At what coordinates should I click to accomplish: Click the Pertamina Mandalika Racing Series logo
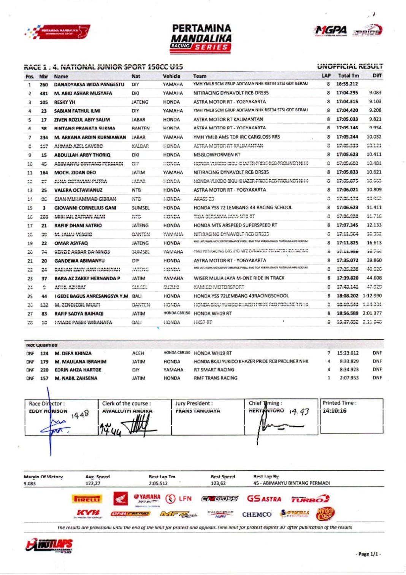pyautogui.click(x=201, y=38)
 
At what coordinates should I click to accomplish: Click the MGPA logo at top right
pyautogui.click(x=331, y=30)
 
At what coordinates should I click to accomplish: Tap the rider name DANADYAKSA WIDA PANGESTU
pyautogui.click(x=89, y=85)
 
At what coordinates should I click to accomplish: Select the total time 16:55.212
pyautogui.click(x=347, y=84)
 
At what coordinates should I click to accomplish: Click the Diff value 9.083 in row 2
pyautogui.click(x=375, y=93)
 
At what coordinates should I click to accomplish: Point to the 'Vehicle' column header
pyautogui.click(x=171, y=76)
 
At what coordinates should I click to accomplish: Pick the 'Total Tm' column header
pyautogui.click(x=348, y=76)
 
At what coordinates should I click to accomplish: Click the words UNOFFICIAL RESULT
pyautogui.click(x=350, y=66)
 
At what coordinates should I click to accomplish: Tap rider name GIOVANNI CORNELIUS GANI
pyautogui.click(x=85, y=208)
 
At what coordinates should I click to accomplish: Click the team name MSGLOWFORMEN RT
pyautogui.click(x=217, y=155)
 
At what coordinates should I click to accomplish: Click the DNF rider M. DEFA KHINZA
pyautogui.click(x=73, y=353)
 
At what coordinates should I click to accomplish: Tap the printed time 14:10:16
pyautogui.click(x=335, y=411)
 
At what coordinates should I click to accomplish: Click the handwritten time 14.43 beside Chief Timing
pyautogui.click(x=299, y=412)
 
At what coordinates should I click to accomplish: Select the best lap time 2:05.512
pyautogui.click(x=158, y=483)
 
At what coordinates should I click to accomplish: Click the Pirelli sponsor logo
pyautogui.click(x=87, y=499)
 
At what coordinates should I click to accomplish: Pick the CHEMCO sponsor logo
pyautogui.click(x=257, y=514)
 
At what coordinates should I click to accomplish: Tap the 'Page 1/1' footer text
pyautogui.click(x=368, y=554)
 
